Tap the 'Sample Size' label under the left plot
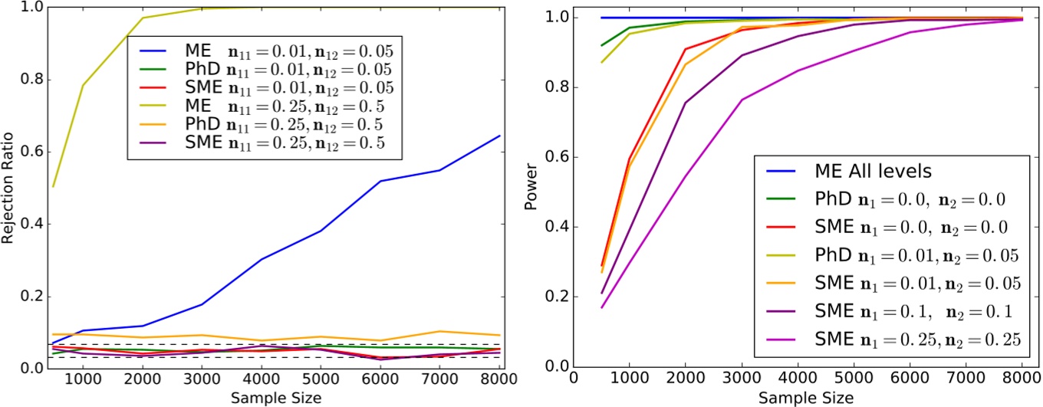(x=275, y=398)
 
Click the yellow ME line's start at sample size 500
(x=54, y=186)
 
